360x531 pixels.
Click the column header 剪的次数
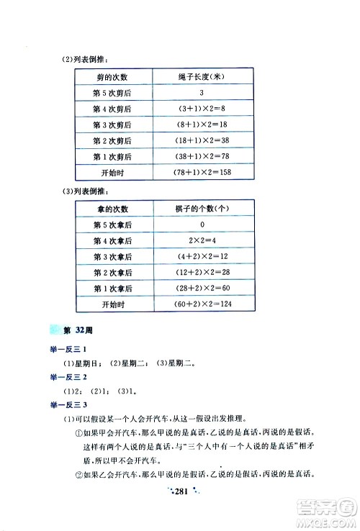(112, 77)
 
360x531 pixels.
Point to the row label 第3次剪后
(112, 124)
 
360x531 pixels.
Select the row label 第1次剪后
(112, 156)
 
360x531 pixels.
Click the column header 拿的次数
(112, 209)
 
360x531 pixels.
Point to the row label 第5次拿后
(112, 225)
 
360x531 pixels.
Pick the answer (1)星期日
(86, 363)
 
